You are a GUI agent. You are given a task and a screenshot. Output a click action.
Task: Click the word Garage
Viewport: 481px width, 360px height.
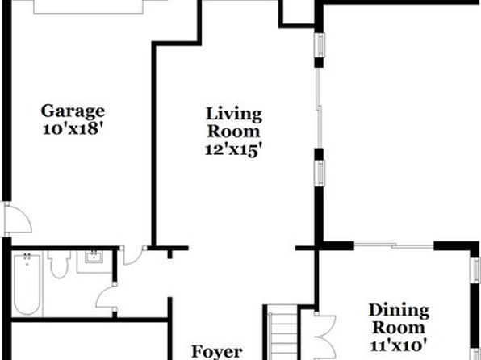click(73, 112)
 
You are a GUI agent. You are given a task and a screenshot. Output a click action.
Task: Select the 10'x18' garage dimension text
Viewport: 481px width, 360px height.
click(72, 129)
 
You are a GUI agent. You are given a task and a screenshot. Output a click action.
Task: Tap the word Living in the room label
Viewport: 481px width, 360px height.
click(234, 115)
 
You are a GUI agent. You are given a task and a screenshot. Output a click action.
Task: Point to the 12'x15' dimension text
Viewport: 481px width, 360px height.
click(234, 150)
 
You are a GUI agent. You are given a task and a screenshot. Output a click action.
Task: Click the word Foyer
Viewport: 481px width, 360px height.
click(217, 352)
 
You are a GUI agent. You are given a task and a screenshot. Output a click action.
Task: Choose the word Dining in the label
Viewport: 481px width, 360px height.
click(399, 312)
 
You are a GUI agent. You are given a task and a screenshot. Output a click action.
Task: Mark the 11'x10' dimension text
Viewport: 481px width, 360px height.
click(399, 345)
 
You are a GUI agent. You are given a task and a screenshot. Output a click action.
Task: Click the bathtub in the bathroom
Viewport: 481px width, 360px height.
click(27, 284)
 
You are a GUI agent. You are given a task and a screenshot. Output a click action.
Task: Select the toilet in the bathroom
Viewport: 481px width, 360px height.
click(59, 264)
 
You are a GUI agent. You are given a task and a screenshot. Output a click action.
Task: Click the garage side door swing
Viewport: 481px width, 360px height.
click(18, 219)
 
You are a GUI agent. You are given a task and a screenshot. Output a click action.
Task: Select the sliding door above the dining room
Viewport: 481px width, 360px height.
click(394, 245)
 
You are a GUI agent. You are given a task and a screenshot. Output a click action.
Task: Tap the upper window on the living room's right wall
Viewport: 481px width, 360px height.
click(320, 45)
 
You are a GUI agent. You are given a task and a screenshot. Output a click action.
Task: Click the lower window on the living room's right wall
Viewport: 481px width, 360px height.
click(320, 173)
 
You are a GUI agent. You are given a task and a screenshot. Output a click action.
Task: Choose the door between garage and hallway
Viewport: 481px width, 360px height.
click(133, 255)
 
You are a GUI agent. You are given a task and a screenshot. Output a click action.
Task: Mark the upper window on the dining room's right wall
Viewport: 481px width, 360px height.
click(475, 270)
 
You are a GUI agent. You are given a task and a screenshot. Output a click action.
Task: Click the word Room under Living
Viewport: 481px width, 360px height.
click(234, 132)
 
